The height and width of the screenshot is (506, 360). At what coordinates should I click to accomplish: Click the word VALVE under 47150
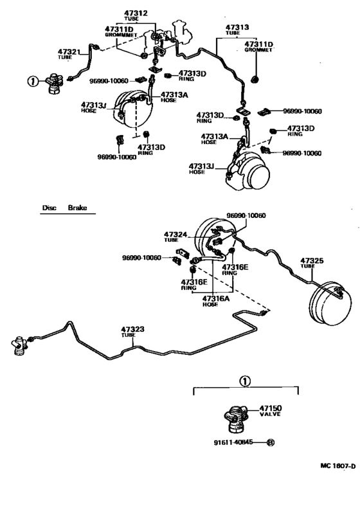pyautogui.click(x=271, y=415)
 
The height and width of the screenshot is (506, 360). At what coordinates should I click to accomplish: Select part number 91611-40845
pyautogui.click(x=235, y=442)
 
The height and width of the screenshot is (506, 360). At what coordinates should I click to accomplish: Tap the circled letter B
pyautogui.click(x=270, y=442)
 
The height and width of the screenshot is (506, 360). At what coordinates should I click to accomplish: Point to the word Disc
pyautogui.click(x=50, y=208)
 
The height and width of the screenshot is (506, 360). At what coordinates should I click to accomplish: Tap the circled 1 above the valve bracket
pyautogui.click(x=244, y=381)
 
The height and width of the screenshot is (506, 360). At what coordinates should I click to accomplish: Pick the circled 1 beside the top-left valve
pyautogui.click(x=30, y=81)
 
